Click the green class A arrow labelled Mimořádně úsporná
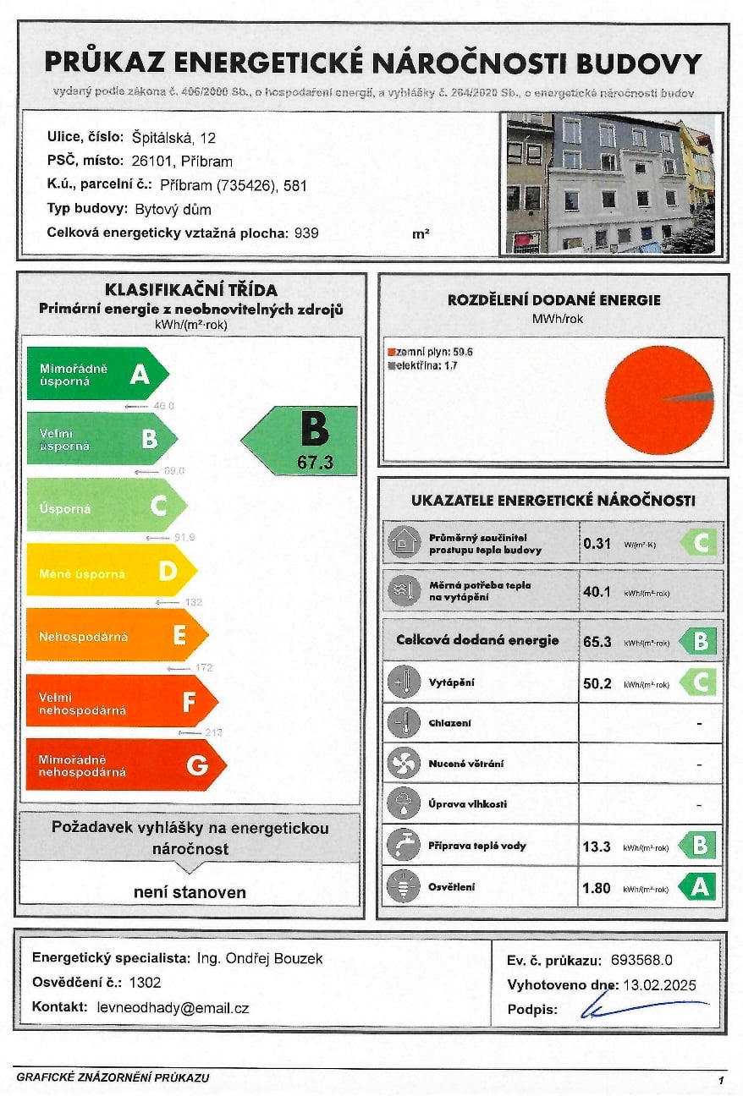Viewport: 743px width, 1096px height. (x=97, y=373)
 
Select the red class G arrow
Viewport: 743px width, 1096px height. (x=125, y=764)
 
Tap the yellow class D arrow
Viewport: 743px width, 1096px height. (x=111, y=573)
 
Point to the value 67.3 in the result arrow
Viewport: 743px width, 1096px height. (x=314, y=462)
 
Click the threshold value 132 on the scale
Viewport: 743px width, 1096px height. (x=193, y=602)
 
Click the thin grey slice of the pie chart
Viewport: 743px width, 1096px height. (x=691, y=396)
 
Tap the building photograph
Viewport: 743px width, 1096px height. (x=611, y=184)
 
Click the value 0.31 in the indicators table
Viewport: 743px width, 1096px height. (x=597, y=544)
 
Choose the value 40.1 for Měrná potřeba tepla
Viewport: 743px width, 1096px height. (x=597, y=591)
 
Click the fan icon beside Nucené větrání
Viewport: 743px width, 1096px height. (x=404, y=764)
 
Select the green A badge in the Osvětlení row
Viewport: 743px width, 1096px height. (x=698, y=887)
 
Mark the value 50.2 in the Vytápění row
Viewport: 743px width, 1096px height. (x=597, y=683)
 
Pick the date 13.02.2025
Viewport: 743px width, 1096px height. (x=659, y=984)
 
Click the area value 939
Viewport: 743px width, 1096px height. (x=306, y=233)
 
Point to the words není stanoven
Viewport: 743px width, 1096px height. (x=190, y=891)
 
